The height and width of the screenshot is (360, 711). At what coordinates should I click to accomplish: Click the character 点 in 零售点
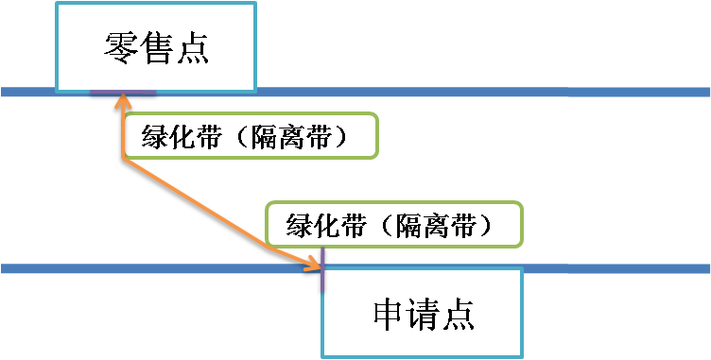tap(192, 47)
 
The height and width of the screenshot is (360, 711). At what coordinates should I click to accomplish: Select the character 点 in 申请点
tap(457, 313)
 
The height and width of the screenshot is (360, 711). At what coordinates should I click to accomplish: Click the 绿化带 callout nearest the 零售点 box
tap(251, 137)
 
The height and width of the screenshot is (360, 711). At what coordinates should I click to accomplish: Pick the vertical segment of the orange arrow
tap(121, 132)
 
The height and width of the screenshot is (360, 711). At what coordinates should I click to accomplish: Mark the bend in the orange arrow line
tap(122, 160)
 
